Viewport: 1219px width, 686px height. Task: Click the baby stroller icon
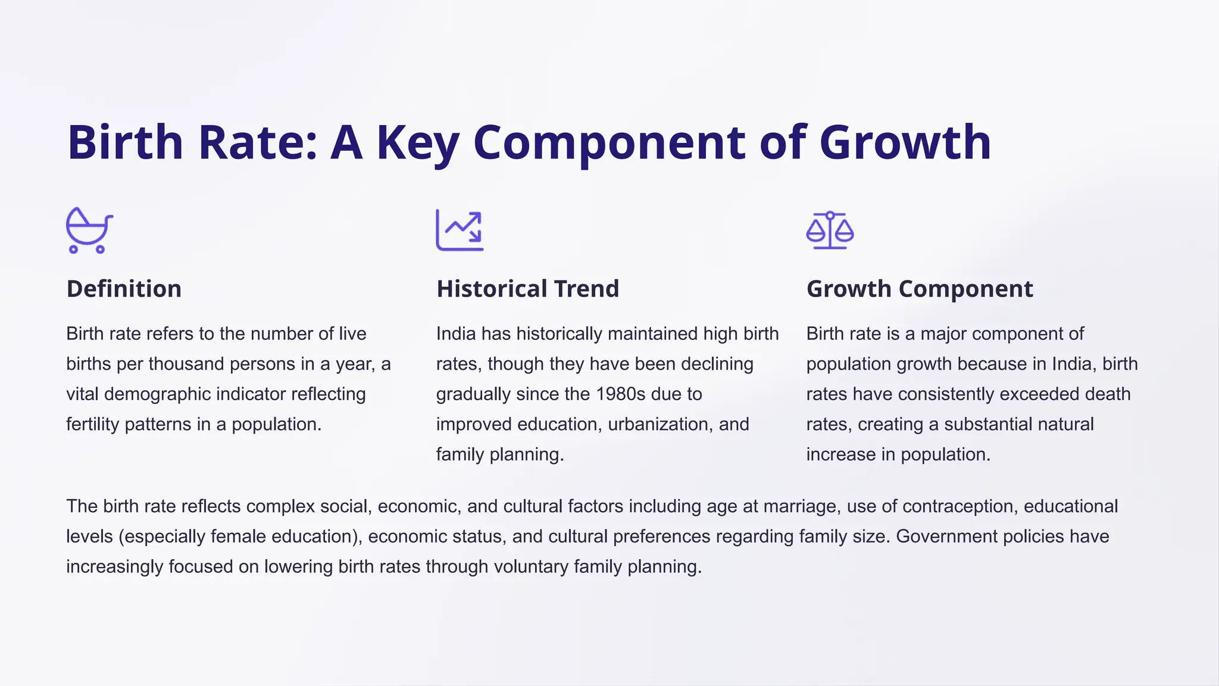89,230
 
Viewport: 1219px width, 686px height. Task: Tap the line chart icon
460,230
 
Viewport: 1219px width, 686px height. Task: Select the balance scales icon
830,230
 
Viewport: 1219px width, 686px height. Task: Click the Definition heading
124,289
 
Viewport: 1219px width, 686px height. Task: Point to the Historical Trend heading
527,289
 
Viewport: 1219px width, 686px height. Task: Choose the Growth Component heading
920,289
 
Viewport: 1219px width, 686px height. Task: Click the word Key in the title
417,143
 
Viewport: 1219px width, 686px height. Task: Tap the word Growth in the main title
905,143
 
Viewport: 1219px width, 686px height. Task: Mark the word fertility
93,425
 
